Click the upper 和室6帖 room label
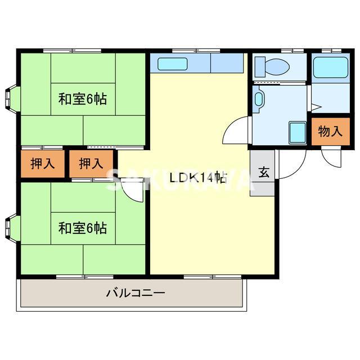coord(82,100)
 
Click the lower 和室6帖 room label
coord(82,228)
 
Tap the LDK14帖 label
coord(198,178)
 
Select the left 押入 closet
coord(43,164)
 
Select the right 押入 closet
coord(91,164)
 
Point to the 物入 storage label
coord(330,133)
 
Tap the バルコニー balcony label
coord(135,293)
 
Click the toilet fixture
coord(272,67)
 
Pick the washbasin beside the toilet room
coord(259,99)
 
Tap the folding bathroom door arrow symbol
coord(314,106)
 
